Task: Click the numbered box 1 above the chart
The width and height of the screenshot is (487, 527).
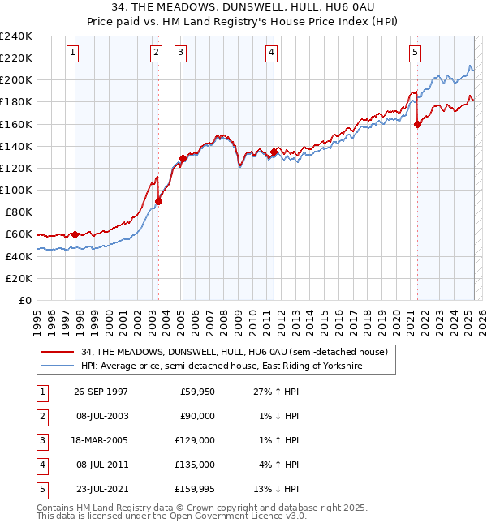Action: click(73, 53)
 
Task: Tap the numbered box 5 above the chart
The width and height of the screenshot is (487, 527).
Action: click(415, 53)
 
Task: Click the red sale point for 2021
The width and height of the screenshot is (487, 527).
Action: click(418, 124)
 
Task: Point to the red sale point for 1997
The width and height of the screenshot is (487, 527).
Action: click(75, 234)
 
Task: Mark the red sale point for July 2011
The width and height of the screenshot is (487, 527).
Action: click(274, 152)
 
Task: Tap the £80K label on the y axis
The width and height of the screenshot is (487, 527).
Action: click(18, 212)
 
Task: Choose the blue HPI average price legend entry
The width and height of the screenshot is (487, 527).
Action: click(221, 366)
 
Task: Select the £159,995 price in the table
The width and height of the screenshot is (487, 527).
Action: click(197, 489)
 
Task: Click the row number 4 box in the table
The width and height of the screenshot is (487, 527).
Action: click(41, 465)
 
